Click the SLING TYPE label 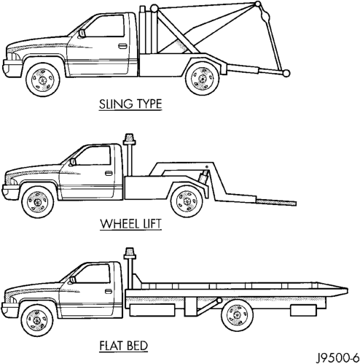pos(130,104)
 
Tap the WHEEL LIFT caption pos(130,224)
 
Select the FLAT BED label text pos(124,346)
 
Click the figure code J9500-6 pos(338,357)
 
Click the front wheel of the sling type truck pos(43,80)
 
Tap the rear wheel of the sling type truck pos(203,78)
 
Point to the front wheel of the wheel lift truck pos(38,202)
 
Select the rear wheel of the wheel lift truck pos(187,201)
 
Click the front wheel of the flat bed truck pos(37,320)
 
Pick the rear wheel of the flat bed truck pos(238,315)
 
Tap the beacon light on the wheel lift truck pos(129,139)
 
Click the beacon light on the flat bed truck pos(130,254)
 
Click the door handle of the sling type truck pos(122,46)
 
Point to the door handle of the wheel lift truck pos(109,173)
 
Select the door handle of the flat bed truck pos(109,291)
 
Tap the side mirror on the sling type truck pos(82,34)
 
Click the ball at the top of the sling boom pos(258,4)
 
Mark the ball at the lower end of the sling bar pos(286,73)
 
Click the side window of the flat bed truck pos(93,274)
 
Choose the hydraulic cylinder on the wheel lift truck pos(203,178)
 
